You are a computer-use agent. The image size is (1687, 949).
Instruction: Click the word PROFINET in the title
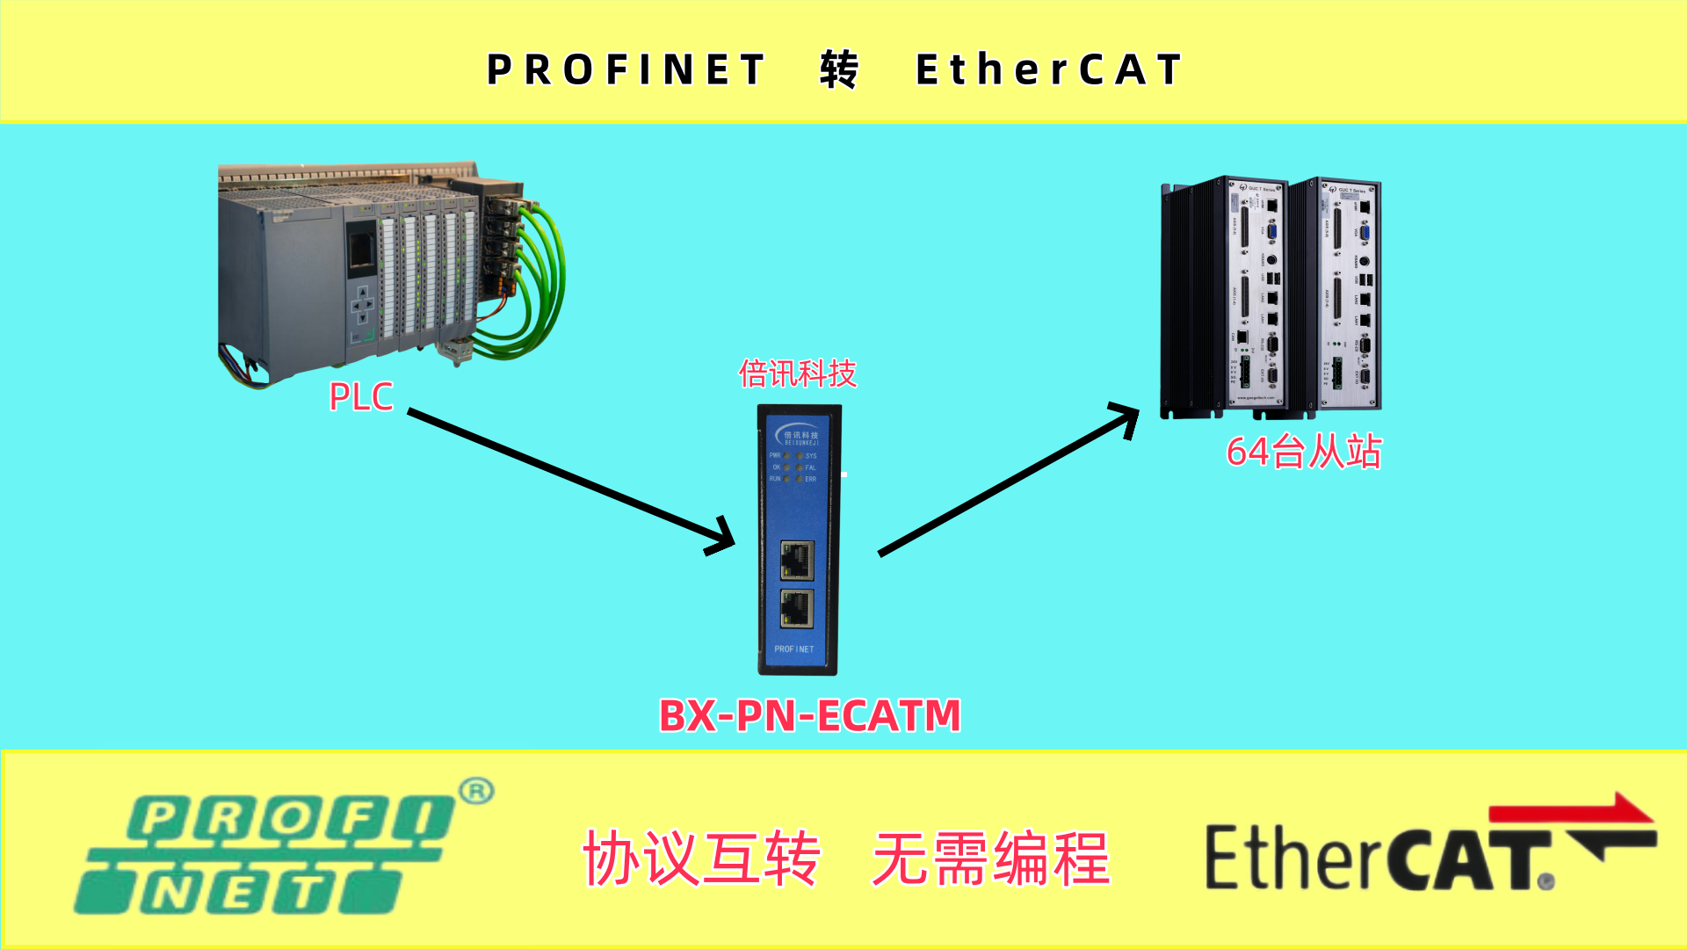(626, 70)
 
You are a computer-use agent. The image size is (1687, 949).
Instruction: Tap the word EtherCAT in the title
(1049, 70)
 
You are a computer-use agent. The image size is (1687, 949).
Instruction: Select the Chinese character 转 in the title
(839, 70)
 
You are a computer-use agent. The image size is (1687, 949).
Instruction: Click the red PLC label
(360, 397)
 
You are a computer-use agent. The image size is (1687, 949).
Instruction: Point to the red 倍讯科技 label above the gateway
(797, 374)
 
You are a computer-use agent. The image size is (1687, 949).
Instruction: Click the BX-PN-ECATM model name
(809, 716)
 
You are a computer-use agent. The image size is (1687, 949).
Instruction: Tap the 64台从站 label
(1303, 453)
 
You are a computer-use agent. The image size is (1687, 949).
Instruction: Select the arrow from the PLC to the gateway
(571, 481)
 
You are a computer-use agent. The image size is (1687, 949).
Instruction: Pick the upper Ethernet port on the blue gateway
(797, 561)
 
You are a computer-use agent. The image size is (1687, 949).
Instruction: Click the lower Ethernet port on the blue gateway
(797, 608)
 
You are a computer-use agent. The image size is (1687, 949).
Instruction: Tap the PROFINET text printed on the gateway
(793, 649)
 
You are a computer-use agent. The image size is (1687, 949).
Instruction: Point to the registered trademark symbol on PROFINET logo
(476, 792)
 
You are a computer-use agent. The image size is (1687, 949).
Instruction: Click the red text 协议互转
(701, 858)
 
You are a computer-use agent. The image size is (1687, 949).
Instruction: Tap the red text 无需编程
(991, 858)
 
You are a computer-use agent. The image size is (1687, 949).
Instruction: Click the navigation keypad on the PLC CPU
(362, 305)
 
